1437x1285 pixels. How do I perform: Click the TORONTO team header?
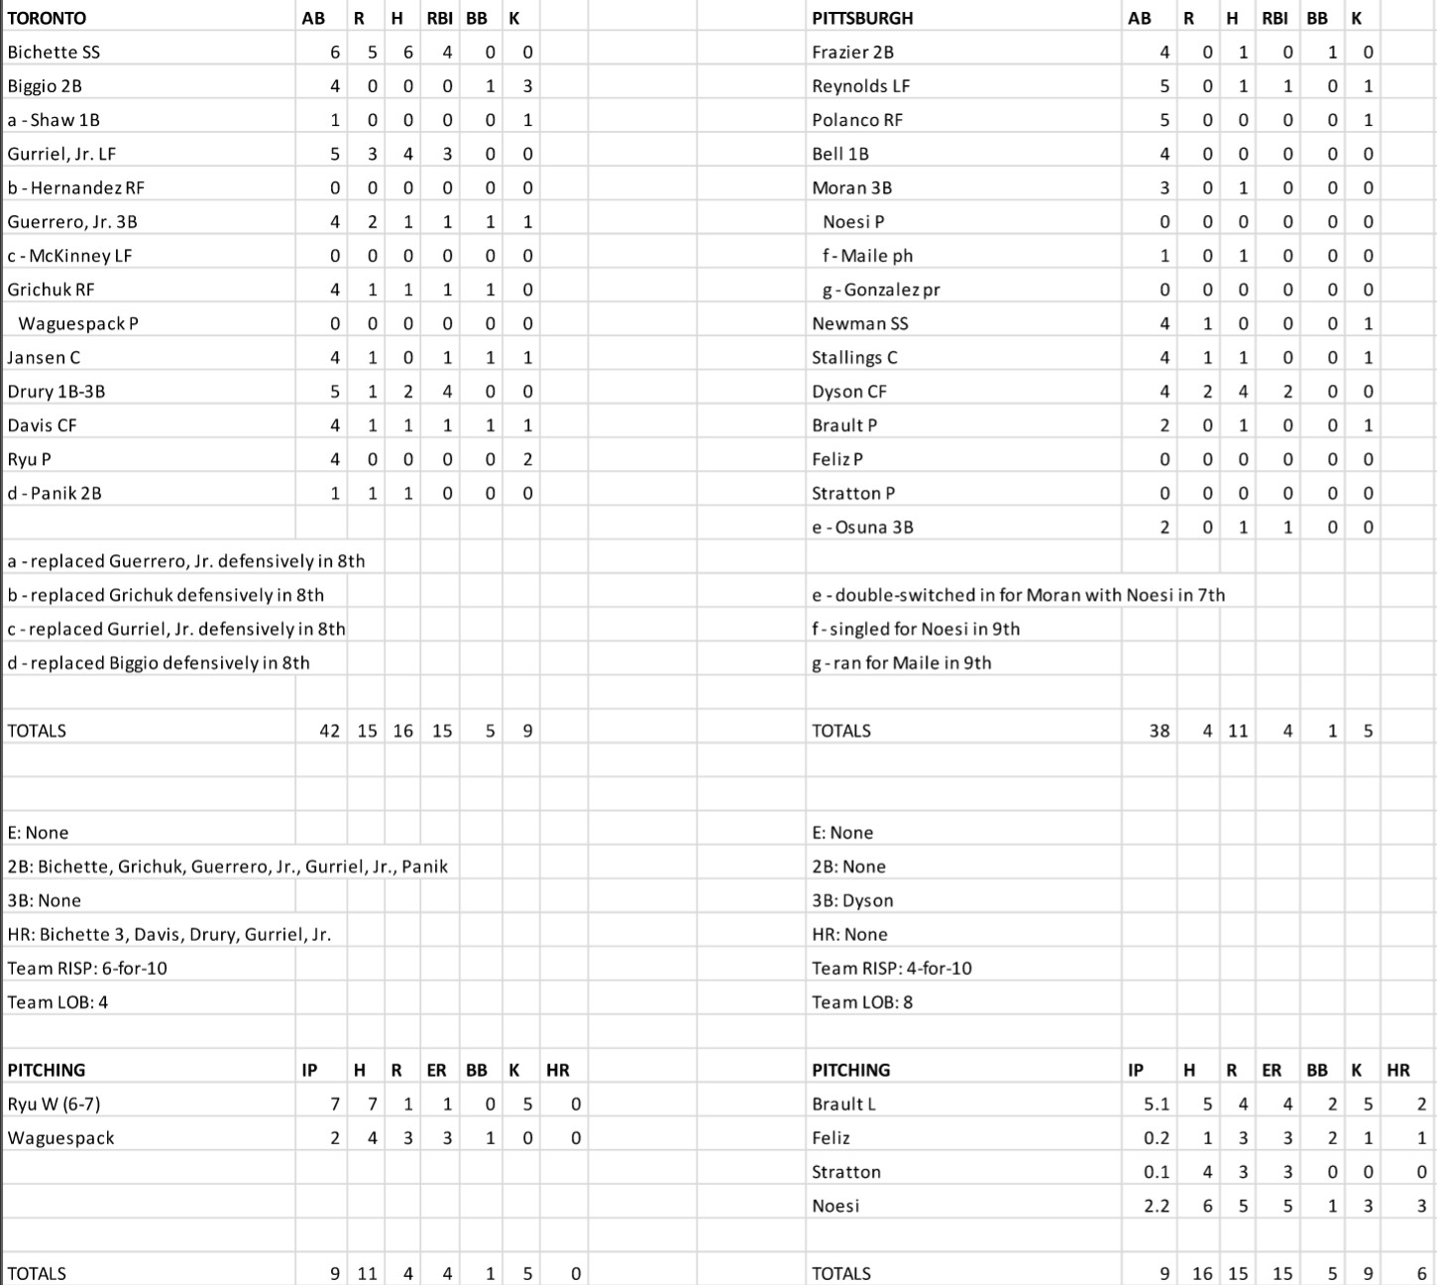coord(47,18)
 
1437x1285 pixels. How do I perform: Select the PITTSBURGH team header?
coord(862,18)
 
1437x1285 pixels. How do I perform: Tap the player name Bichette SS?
coord(54,53)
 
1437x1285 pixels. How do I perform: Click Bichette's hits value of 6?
coord(407,53)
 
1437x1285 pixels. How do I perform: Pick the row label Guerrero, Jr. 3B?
coord(72,222)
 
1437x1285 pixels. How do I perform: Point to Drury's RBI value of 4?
coord(446,392)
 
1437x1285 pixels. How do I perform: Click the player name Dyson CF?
coord(849,392)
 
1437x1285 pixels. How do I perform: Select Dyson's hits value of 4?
coord(1243,392)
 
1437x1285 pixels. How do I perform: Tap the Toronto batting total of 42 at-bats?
coord(329,731)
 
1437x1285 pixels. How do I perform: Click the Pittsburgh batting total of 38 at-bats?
coord(1159,731)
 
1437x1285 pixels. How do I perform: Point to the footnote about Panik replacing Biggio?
coord(159,663)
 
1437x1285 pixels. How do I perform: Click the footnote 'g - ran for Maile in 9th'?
coord(902,663)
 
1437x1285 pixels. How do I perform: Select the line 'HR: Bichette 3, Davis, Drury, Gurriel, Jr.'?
coord(169,934)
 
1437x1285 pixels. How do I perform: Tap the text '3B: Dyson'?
coord(852,900)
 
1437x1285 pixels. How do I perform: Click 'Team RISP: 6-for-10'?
coord(87,969)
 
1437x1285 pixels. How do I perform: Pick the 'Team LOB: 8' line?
coord(862,1002)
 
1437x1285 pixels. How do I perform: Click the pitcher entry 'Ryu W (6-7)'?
coord(54,1105)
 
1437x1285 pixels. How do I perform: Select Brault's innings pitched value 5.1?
coord(1156,1105)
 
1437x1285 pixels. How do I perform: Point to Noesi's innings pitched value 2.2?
coord(1156,1207)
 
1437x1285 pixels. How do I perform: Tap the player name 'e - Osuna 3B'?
coord(862,527)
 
